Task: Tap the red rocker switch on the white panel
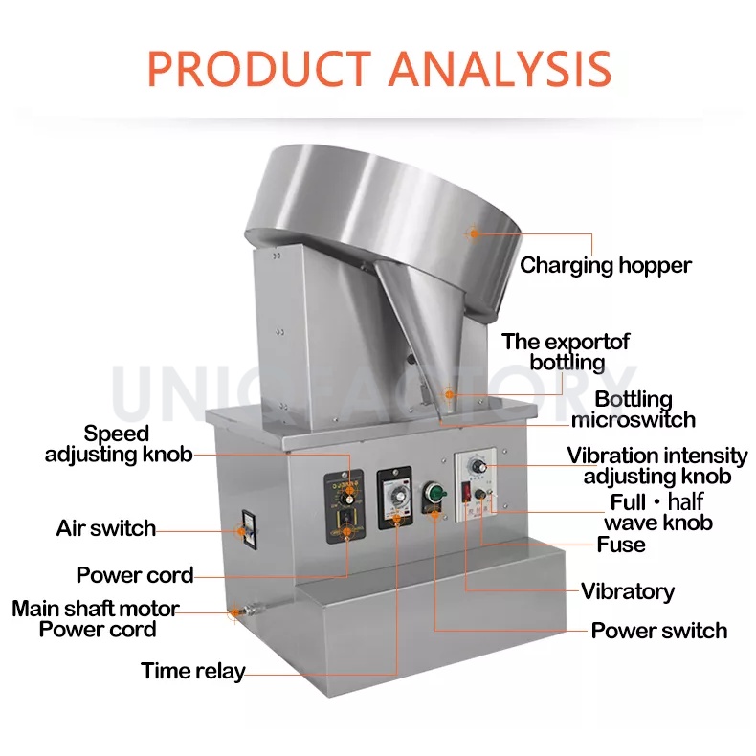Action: (469, 495)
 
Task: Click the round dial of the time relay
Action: (393, 500)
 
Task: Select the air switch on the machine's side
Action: (244, 528)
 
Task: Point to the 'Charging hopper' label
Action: (605, 265)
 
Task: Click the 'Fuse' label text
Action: (621, 545)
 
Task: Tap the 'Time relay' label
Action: (193, 671)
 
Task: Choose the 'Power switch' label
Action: (658, 631)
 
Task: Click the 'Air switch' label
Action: (105, 528)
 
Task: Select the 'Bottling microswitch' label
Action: (633, 410)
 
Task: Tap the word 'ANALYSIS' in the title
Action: (500, 68)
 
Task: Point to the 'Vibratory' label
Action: (628, 591)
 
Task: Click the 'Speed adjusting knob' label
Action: (118, 444)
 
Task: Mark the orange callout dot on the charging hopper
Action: (472, 233)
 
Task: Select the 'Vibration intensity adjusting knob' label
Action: (656, 466)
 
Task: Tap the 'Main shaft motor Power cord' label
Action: (96, 619)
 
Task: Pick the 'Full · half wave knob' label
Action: (657, 513)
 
